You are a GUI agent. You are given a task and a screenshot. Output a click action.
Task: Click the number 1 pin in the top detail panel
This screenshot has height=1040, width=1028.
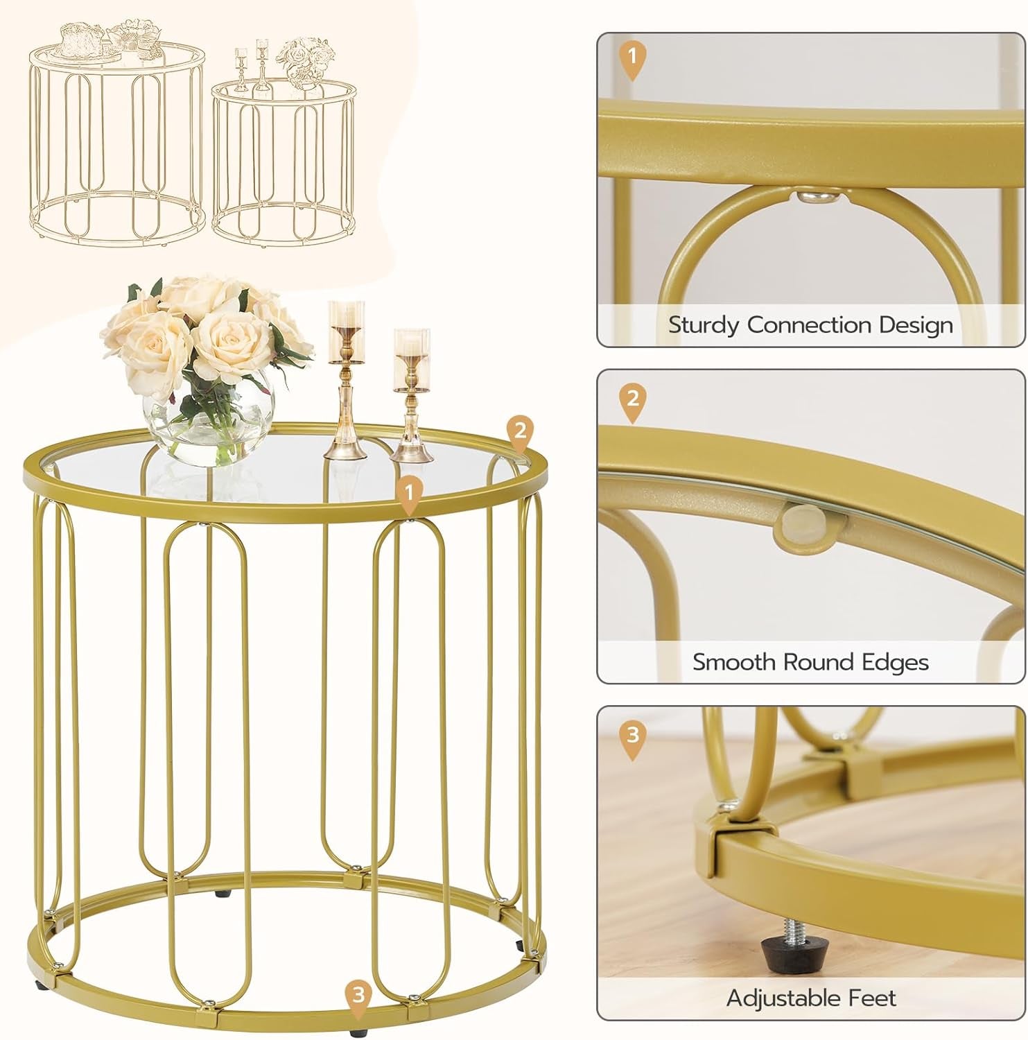[631, 56]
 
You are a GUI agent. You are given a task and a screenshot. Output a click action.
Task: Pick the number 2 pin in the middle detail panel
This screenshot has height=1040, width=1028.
[631, 399]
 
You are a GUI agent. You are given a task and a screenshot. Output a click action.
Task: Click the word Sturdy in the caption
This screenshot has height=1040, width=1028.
[704, 325]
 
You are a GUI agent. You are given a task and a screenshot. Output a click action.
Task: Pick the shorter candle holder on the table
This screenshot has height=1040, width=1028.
[411, 395]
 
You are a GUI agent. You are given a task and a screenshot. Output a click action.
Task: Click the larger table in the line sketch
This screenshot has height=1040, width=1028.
[116, 139]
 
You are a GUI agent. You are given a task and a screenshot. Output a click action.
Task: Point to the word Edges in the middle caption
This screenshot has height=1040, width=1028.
[894, 662]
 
